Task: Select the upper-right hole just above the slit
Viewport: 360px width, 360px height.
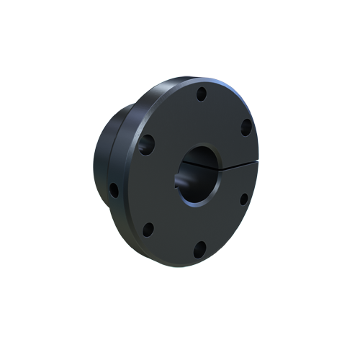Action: point(246,127)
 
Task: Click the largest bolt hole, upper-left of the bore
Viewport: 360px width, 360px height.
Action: point(147,143)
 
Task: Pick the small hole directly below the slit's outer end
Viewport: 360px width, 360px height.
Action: point(243,198)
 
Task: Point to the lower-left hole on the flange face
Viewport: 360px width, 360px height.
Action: point(148,230)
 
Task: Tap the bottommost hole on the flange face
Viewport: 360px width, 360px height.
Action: point(199,250)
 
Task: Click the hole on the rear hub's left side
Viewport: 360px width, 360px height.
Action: point(113,191)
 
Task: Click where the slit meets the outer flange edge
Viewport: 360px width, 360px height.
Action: point(257,165)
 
